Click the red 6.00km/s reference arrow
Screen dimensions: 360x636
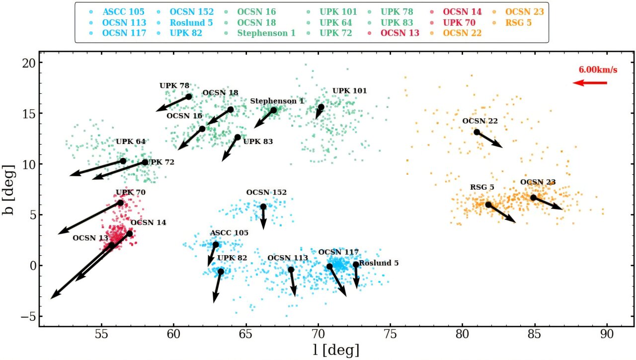click(590, 83)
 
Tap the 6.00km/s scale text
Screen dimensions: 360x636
click(598, 70)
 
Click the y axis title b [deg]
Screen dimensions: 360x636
click(9, 189)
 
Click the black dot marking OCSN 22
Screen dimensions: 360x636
click(477, 132)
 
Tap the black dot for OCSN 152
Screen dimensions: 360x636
click(263, 207)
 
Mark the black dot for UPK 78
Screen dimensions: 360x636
click(189, 97)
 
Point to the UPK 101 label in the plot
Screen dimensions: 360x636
click(349, 91)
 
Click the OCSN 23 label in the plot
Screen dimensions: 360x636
click(538, 182)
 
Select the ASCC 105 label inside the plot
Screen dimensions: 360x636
click(229, 233)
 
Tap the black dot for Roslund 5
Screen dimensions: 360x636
click(356, 265)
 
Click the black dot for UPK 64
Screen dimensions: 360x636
click(123, 161)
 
